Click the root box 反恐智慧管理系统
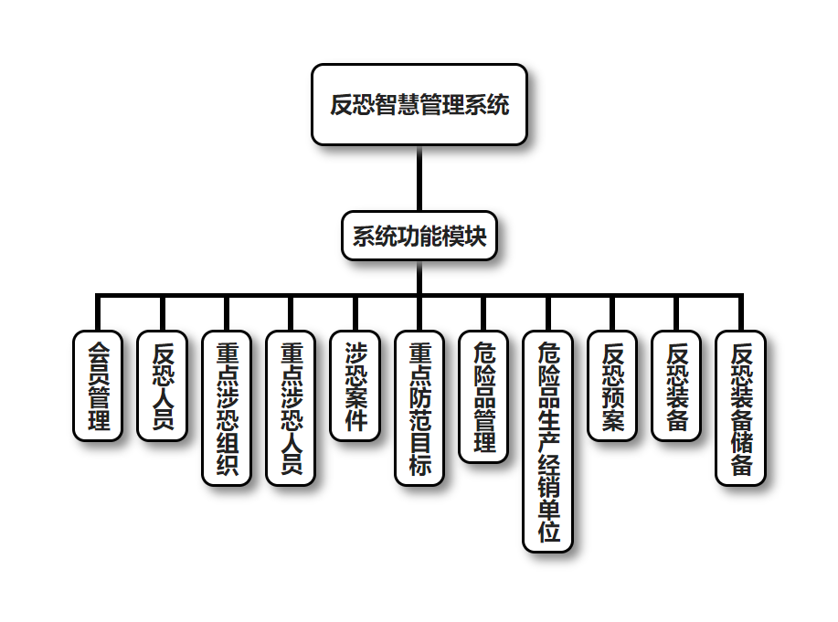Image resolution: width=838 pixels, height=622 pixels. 419,105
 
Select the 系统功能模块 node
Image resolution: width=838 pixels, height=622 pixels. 419,237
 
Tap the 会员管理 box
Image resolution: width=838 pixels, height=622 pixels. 98,385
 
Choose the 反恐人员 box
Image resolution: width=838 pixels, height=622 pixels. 163,385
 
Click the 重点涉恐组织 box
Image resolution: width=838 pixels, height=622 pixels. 227,407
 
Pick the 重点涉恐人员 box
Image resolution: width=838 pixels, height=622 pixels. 291,407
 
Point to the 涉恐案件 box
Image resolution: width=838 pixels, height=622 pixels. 355,385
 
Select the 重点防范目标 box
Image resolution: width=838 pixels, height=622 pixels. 419,407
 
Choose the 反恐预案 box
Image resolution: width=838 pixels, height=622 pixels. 612,385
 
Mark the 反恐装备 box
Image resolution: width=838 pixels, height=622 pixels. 677,385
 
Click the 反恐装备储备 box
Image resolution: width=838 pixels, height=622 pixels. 741,407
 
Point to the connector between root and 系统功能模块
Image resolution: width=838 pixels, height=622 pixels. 419,178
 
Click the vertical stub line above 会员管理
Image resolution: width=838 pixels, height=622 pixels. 98,313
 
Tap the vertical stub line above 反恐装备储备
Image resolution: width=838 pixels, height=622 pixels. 741,313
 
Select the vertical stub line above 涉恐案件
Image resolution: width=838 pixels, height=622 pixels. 355,313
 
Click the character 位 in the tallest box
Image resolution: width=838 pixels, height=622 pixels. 548,532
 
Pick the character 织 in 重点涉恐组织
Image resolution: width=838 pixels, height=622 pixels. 227,464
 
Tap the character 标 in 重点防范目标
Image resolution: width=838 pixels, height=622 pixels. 419,464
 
